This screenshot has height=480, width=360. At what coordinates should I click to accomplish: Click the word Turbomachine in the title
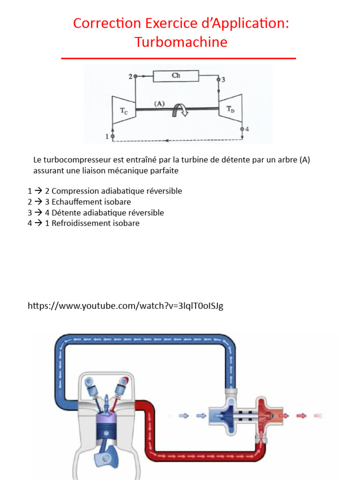click(181, 42)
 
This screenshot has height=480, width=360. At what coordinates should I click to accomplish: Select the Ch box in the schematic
click(176, 75)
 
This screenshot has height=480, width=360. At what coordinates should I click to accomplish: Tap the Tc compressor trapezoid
click(123, 110)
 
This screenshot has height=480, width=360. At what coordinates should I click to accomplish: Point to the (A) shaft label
click(160, 104)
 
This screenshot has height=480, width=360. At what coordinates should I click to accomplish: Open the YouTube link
click(125, 306)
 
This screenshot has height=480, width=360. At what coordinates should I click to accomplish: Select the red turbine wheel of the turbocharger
click(267, 415)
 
